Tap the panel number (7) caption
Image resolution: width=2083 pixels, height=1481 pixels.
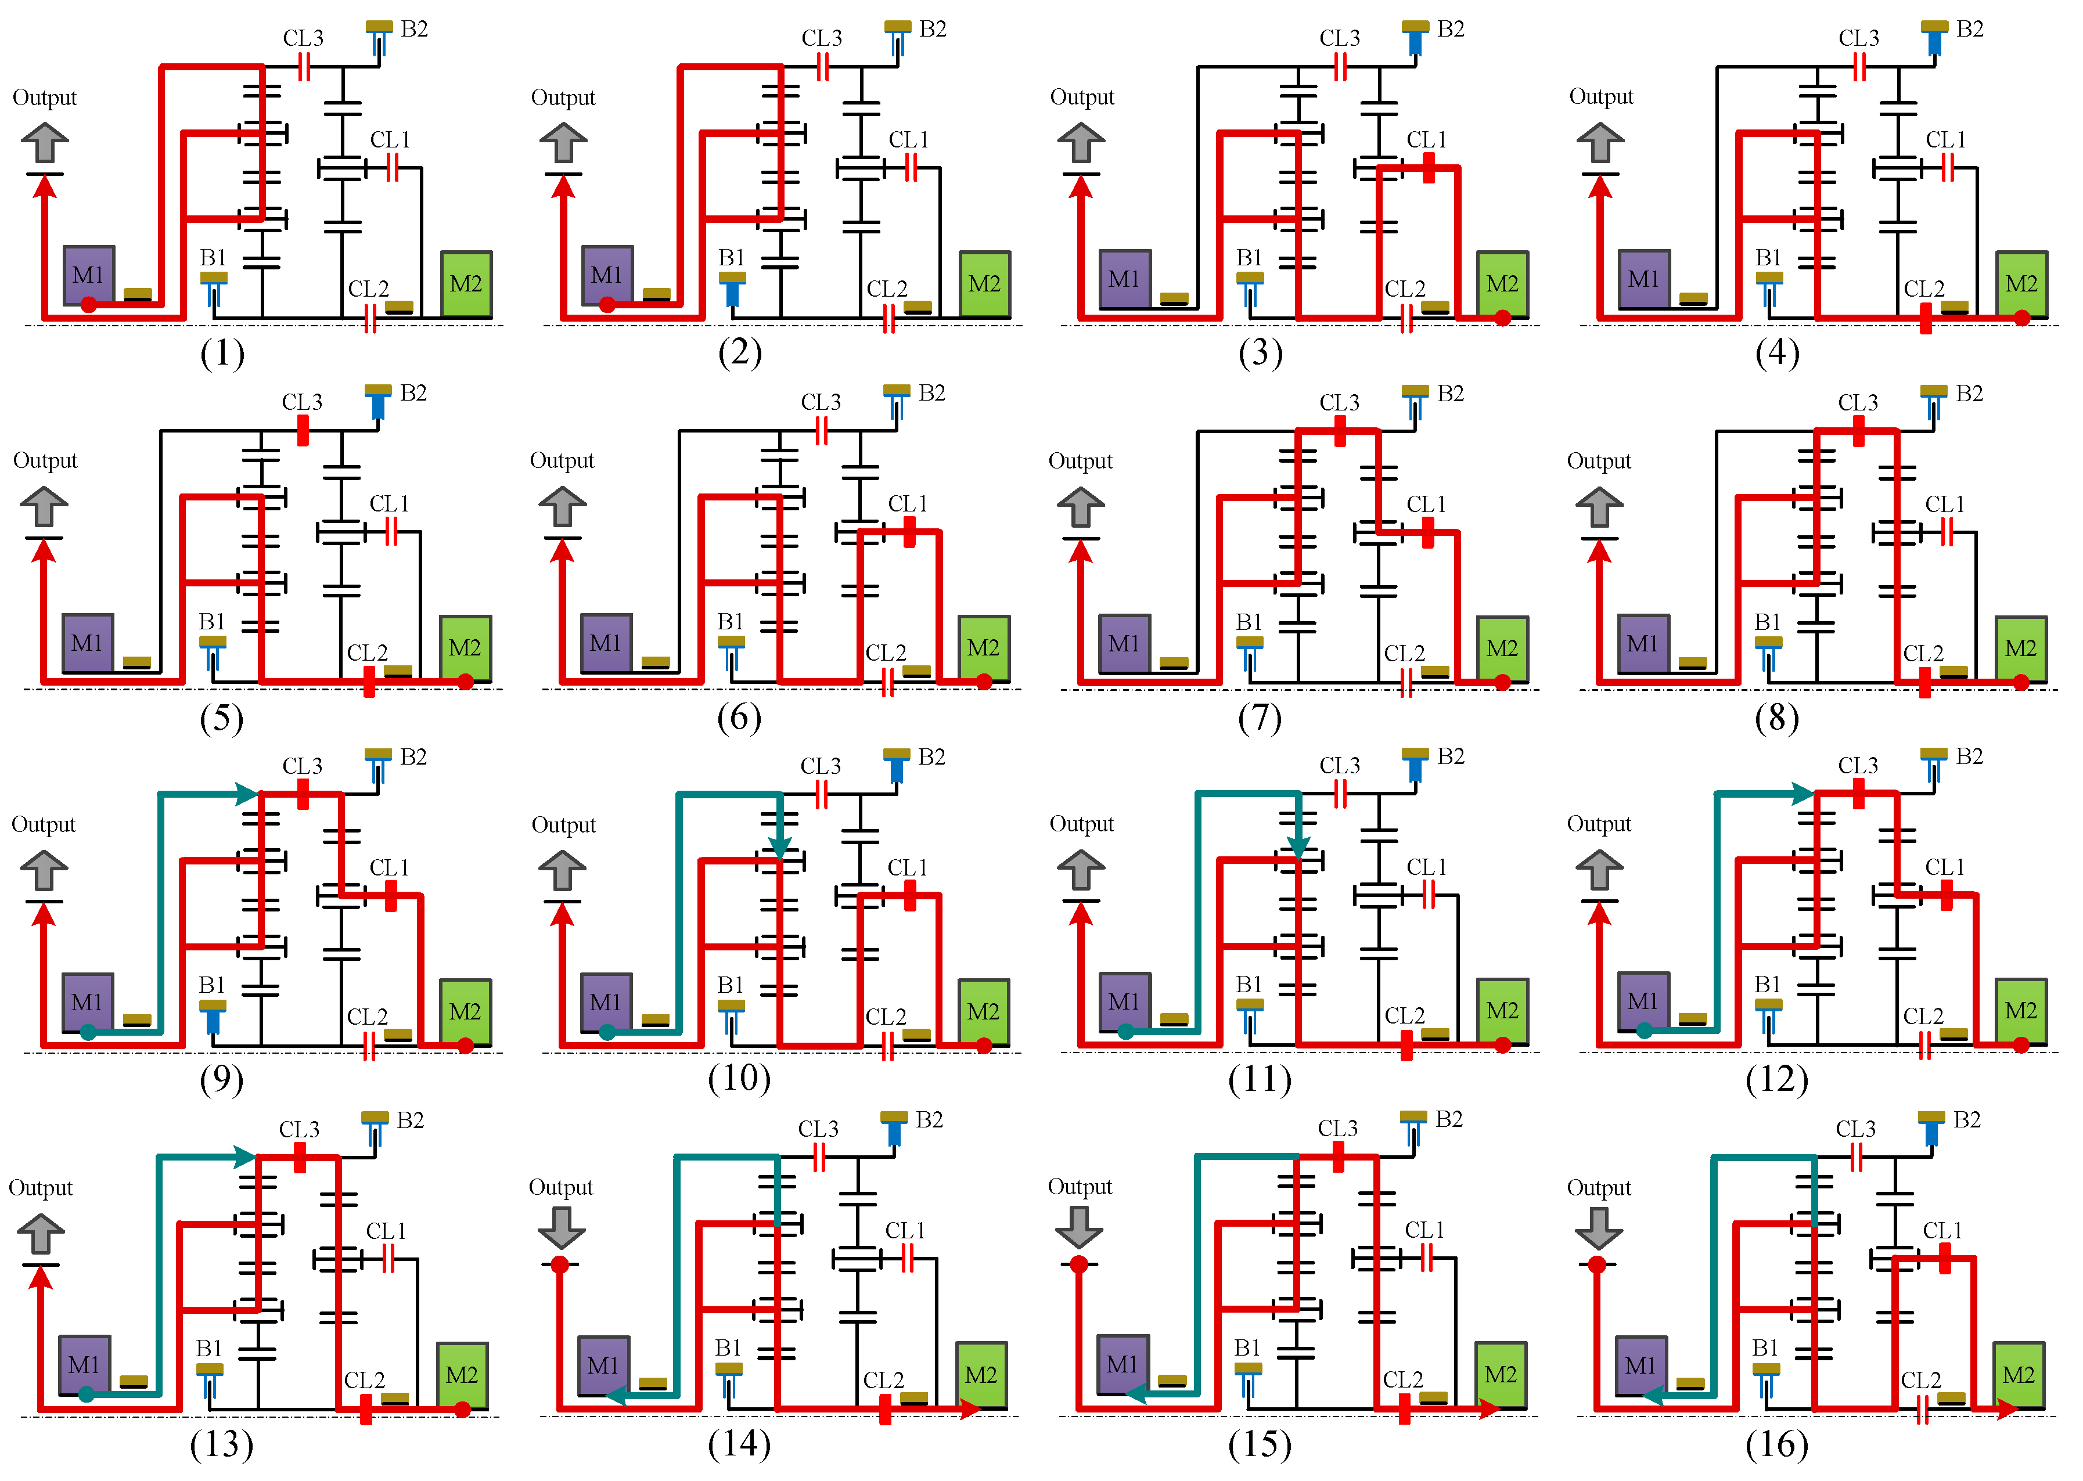tap(1260, 718)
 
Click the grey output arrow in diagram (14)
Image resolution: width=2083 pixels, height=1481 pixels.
tap(561, 1227)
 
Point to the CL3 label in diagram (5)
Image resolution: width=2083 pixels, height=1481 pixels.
tap(302, 402)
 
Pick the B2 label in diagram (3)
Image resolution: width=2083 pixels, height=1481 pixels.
tap(1450, 29)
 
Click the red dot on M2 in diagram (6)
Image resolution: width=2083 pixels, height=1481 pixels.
tap(983, 681)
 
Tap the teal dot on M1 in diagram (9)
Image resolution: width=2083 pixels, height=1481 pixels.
tap(88, 1032)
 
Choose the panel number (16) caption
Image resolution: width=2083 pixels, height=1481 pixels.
tap(1776, 1444)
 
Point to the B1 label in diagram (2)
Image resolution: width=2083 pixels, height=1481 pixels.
tap(732, 257)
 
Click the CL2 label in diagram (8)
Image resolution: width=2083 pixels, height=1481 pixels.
tap(1923, 653)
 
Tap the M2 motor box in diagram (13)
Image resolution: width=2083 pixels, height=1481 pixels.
tap(462, 1374)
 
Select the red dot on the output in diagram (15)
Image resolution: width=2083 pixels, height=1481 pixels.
tap(1079, 1264)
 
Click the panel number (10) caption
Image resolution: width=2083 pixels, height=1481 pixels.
tap(739, 1079)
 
